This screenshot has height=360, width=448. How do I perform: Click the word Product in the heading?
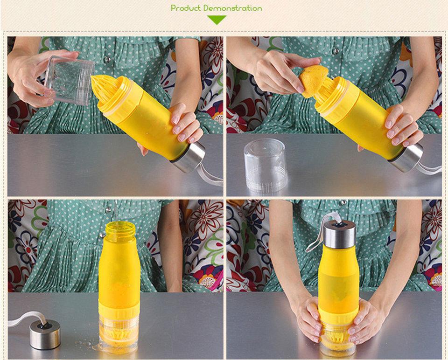(186, 8)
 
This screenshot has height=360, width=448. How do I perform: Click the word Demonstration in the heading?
(232, 8)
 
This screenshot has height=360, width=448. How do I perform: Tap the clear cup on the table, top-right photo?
(266, 165)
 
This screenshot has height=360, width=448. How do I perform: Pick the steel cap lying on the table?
(45, 333)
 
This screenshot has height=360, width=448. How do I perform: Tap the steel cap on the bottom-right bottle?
(339, 234)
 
